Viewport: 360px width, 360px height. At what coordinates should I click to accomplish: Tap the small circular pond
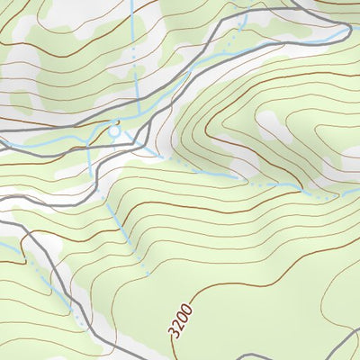pyautogui.click(x=114, y=131)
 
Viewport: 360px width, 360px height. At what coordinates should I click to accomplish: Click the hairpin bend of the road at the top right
pyautogui.click(x=347, y=32)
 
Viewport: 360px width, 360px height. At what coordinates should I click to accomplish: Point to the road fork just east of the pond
pyautogui.click(x=144, y=126)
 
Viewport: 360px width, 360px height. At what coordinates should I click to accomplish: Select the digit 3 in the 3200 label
pyautogui.click(x=171, y=332)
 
